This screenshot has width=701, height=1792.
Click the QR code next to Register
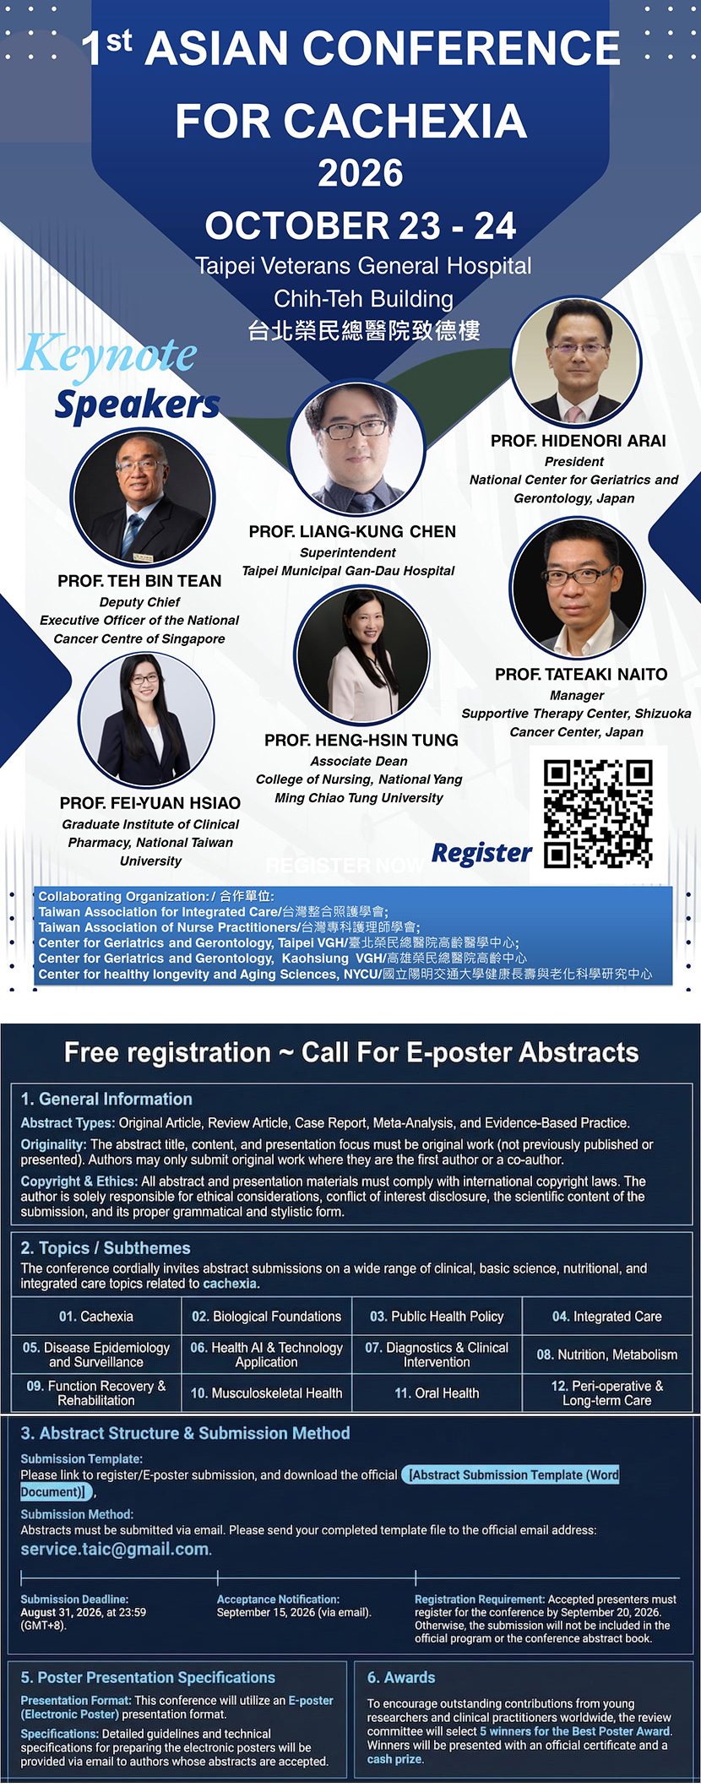click(x=598, y=814)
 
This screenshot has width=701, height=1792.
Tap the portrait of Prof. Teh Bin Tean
click(x=143, y=499)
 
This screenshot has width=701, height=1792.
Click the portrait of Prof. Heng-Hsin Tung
click(x=361, y=655)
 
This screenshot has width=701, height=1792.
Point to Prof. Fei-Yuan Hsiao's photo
click(x=146, y=720)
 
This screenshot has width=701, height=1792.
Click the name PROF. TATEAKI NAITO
click(x=581, y=674)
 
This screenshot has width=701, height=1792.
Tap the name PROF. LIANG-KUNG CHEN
click(x=352, y=531)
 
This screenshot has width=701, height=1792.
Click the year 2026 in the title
click(x=361, y=172)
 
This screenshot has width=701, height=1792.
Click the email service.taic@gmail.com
click(x=115, y=1549)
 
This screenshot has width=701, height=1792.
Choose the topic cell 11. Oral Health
click(x=437, y=1393)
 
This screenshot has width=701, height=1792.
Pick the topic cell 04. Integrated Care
click(x=607, y=1316)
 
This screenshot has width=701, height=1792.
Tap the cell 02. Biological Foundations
click(x=266, y=1316)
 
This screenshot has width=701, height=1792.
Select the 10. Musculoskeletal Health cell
click(x=266, y=1393)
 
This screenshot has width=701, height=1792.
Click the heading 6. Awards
click(x=401, y=1677)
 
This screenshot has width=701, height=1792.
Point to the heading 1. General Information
click(x=106, y=1099)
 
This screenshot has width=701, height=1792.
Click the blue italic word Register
click(x=481, y=853)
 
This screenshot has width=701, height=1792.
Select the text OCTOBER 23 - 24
click(x=361, y=225)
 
